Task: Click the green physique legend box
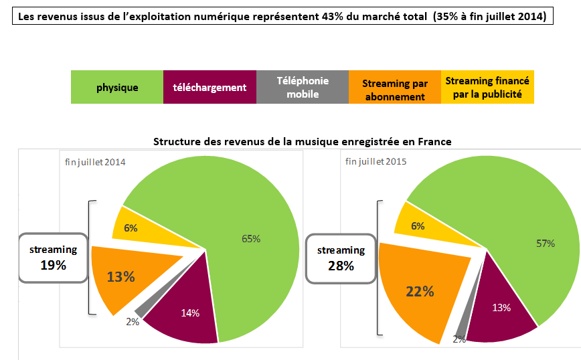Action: [x=117, y=87]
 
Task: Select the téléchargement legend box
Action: [x=210, y=87]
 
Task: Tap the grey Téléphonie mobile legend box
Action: [x=303, y=87]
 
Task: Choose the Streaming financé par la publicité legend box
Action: [x=487, y=87]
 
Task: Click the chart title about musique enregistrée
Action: [x=302, y=141]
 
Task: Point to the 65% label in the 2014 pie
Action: [x=251, y=238]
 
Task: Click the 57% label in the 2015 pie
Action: [x=546, y=243]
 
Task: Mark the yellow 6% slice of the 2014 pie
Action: [x=131, y=228]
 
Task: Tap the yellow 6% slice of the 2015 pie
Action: [x=418, y=226]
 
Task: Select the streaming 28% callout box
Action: [x=341, y=258]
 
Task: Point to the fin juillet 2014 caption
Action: [x=95, y=163]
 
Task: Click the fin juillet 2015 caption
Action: [x=376, y=161]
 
